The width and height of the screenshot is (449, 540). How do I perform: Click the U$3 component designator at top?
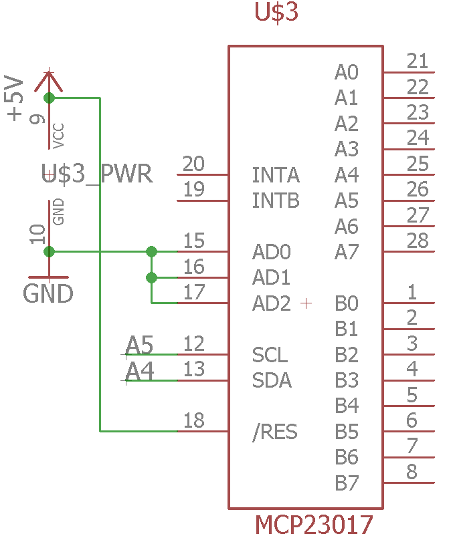[276, 13]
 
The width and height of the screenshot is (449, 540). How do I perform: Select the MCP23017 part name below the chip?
[314, 525]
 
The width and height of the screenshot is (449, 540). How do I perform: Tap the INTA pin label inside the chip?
[276, 175]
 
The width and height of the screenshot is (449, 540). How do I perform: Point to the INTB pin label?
[276, 200]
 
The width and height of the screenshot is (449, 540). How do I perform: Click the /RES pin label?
[275, 432]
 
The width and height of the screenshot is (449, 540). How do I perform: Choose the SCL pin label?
[270, 355]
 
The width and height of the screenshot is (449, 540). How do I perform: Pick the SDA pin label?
[272, 380]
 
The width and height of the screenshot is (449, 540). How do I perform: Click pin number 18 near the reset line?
[194, 420]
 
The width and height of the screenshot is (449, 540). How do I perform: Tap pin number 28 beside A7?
[418, 241]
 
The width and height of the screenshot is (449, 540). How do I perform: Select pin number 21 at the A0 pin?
[418, 61]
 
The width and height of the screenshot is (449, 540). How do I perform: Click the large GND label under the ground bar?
[48, 294]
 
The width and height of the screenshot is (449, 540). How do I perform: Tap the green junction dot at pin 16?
[151, 277]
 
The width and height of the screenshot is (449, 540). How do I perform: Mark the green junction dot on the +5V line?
[50, 98]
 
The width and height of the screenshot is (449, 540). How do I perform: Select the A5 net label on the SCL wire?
[139, 345]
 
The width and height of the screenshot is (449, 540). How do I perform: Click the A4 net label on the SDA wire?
[139, 372]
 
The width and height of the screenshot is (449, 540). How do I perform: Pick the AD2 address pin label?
[272, 303]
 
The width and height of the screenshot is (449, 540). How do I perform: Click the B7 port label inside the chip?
[347, 483]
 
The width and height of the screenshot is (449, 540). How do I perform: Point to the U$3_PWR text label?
[97, 174]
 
